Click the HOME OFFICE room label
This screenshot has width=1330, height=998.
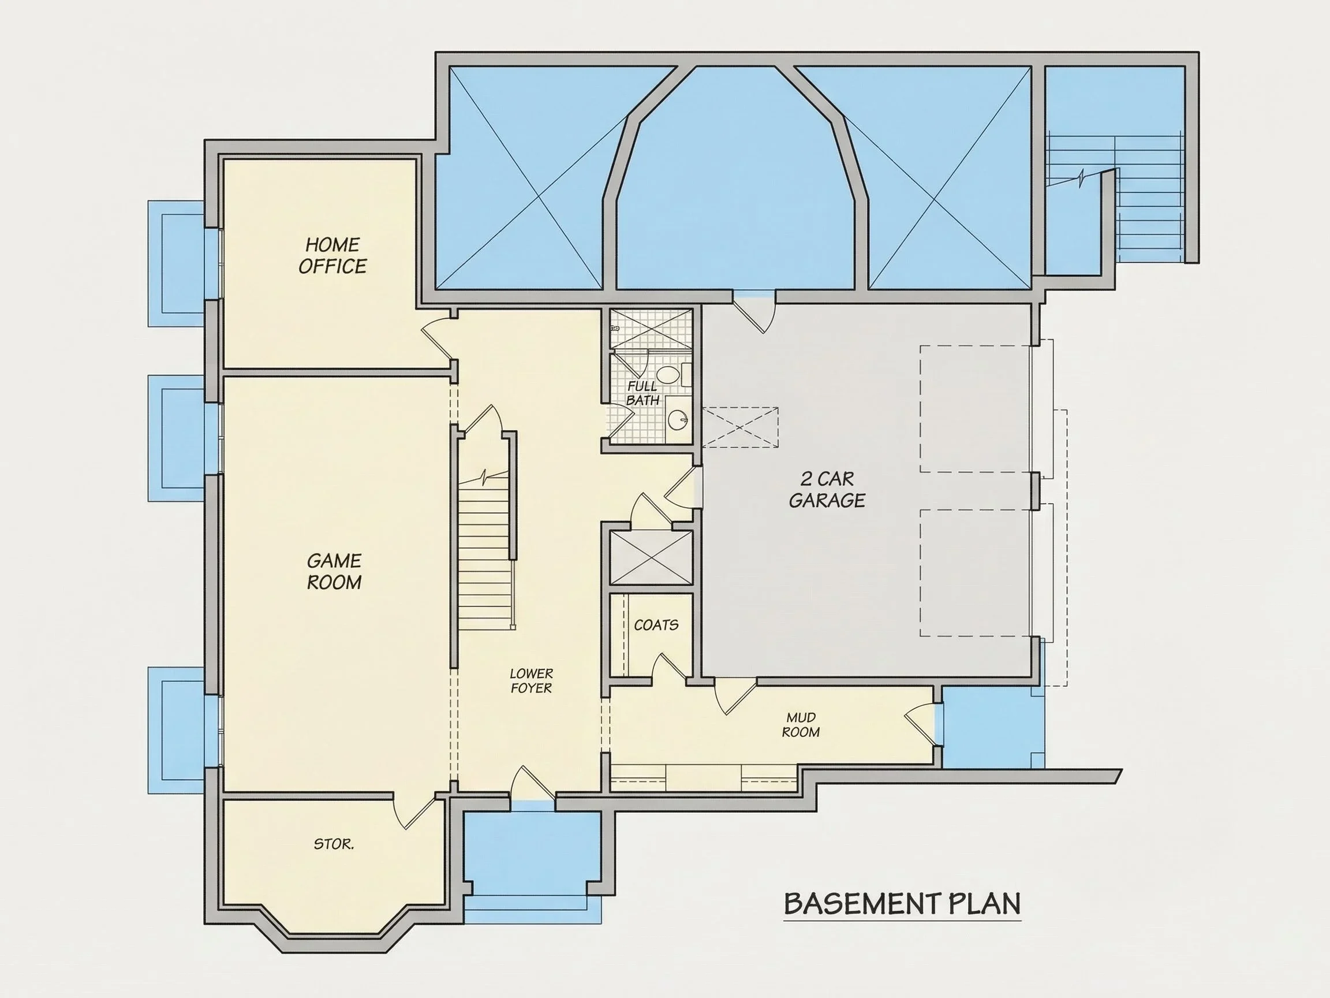[332, 256]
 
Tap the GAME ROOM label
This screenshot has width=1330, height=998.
[334, 572]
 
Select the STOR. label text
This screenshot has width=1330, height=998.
[334, 844]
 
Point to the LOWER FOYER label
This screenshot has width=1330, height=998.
[532, 680]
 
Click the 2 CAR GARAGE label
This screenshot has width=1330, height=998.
[827, 489]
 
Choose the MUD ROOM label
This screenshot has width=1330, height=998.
[801, 724]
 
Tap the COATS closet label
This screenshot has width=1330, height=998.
[656, 625]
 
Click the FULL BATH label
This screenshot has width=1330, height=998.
[642, 393]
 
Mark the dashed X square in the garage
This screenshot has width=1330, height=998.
[739, 427]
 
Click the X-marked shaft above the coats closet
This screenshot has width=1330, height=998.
[651, 558]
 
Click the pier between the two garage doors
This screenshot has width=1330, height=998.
[1036, 490]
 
